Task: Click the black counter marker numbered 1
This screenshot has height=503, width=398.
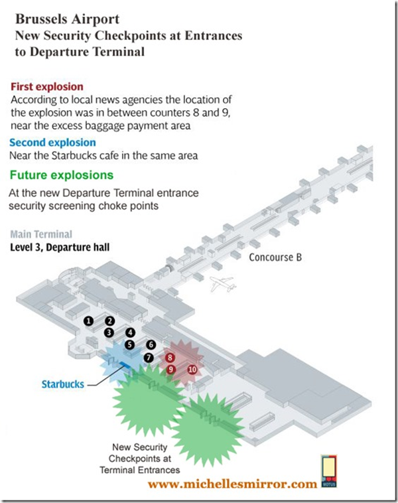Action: (88, 321)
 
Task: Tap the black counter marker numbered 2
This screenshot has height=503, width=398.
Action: (110, 321)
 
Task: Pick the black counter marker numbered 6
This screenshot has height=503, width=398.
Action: (151, 344)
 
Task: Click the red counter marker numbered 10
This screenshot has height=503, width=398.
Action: (192, 369)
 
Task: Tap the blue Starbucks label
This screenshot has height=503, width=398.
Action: (63, 384)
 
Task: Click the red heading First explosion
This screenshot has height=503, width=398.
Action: (47, 86)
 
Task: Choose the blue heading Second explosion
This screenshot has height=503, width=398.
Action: (52, 142)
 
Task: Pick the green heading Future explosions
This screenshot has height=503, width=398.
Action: (61, 175)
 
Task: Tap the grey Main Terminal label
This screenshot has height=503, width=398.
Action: (42, 234)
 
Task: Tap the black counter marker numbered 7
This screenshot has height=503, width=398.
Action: (149, 357)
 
